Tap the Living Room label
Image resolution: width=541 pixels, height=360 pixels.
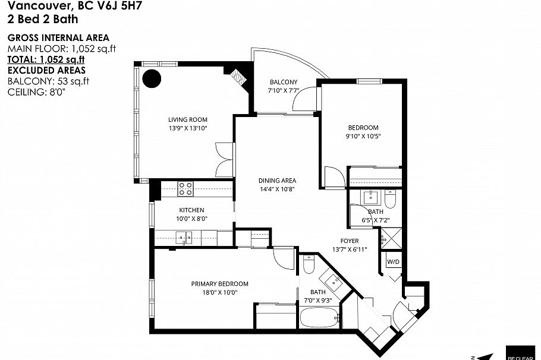[187, 119]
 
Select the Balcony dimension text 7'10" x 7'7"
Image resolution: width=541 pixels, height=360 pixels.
[284, 90]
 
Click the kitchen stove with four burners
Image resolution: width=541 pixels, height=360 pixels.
[185, 189]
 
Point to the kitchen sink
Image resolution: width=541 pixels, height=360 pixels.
[183, 238]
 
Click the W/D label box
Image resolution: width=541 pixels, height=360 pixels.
[393, 262]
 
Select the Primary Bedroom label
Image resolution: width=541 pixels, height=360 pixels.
[219, 284]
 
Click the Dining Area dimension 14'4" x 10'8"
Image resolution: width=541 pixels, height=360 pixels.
[277, 189]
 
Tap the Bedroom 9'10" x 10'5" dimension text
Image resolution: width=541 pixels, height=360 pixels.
[363, 135]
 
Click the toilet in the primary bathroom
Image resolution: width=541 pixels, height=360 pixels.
[308, 265]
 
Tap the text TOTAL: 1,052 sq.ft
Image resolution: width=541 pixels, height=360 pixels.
[46, 59]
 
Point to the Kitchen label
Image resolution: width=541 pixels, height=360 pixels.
[191, 210]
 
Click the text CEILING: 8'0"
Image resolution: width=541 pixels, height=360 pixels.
[36, 92]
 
